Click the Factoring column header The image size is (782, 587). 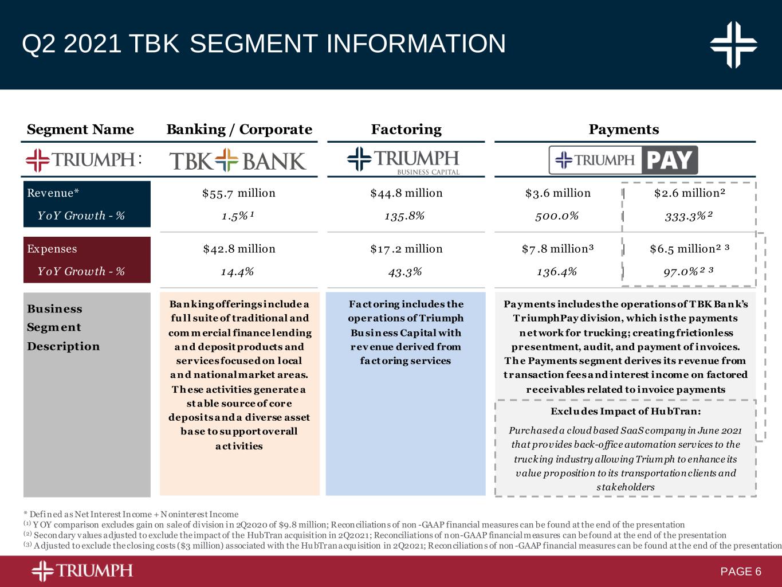point(406,130)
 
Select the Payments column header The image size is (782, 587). point(624,130)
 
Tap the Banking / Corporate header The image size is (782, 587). point(239,130)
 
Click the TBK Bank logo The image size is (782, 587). point(238,161)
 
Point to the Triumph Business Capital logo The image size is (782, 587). point(403,161)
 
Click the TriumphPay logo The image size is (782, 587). point(623,160)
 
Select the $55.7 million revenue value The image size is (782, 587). point(239,193)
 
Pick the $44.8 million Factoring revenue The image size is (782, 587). point(406,193)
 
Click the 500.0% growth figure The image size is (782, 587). point(557,216)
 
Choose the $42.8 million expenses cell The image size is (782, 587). point(239,249)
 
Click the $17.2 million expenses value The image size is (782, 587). point(406,249)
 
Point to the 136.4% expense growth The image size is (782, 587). point(557,272)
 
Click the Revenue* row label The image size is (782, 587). point(53,193)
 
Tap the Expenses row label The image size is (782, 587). point(52,249)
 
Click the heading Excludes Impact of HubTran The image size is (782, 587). point(626,412)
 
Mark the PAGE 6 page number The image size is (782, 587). point(741,572)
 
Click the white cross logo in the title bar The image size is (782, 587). point(733,45)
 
